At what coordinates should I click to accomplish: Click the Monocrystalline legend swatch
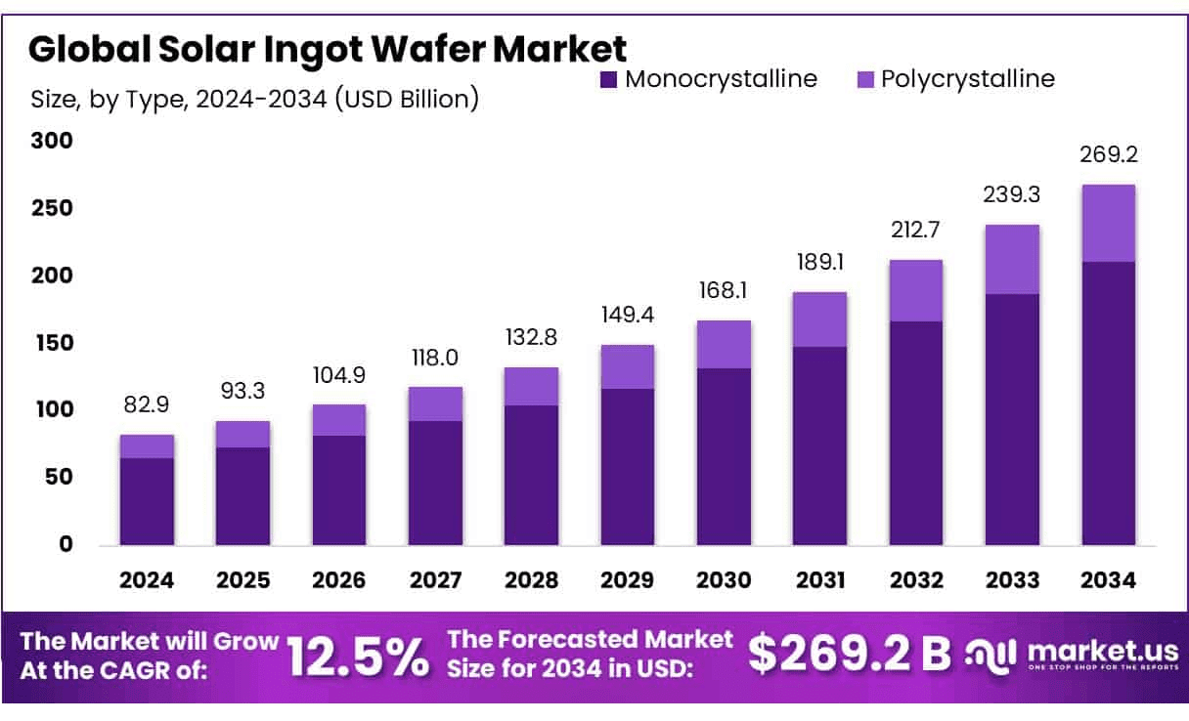pyautogui.click(x=608, y=80)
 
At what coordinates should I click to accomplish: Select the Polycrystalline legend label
pyautogui.click(x=967, y=79)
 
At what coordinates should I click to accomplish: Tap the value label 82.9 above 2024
pyautogui.click(x=148, y=403)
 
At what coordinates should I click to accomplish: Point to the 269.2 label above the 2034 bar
pyautogui.click(x=1109, y=154)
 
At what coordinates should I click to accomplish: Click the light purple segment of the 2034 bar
pyautogui.click(x=1109, y=223)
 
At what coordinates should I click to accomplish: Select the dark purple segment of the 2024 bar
pyautogui.click(x=148, y=500)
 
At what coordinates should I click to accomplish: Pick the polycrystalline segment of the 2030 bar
pyautogui.click(x=725, y=344)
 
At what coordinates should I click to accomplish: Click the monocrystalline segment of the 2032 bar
pyautogui.click(x=916, y=432)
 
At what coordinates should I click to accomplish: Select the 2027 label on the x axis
pyautogui.click(x=435, y=581)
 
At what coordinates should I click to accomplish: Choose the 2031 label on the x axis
pyautogui.click(x=820, y=581)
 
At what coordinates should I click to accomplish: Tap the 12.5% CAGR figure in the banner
pyautogui.click(x=358, y=657)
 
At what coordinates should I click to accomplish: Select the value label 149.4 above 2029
pyautogui.click(x=628, y=315)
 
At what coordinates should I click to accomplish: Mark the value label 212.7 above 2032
pyautogui.click(x=916, y=231)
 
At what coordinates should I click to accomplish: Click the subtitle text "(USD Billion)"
pyautogui.click(x=406, y=99)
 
